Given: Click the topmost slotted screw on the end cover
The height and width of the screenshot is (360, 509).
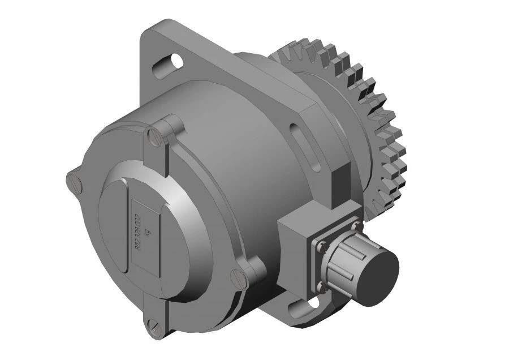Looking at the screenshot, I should point(154,135).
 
